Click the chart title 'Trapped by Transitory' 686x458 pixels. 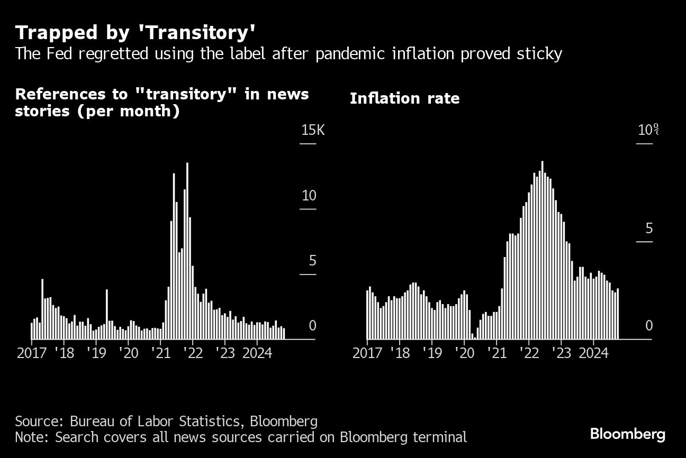(x=136, y=33)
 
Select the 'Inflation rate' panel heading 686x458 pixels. (x=404, y=98)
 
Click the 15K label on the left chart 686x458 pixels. (x=312, y=130)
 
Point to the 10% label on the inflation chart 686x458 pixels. (x=647, y=130)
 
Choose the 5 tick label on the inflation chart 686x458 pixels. (x=649, y=229)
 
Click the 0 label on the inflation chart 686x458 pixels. (x=649, y=326)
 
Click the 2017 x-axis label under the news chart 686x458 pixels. (x=32, y=353)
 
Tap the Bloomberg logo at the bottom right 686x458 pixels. (x=627, y=435)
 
